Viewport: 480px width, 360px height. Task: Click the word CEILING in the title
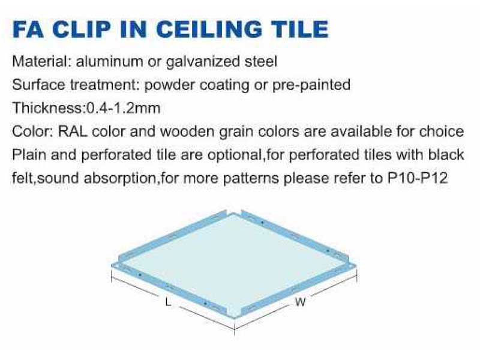pyautogui.click(x=209, y=29)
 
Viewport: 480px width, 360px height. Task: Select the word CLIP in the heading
pyautogui.click(x=82, y=29)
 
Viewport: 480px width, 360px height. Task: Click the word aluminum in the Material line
pyautogui.click(x=109, y=61)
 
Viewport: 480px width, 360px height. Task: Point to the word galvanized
pyautogui.click(x=202, y=62)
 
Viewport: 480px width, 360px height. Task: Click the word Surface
pyautogui.click(x=38, y=85)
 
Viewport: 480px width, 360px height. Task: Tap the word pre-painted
pyautogui.click(x=311, y=85)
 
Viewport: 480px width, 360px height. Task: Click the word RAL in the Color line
pyautogui.click(x=73, y=131)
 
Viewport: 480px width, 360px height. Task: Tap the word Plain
pyautogui.click(x=29, y=155)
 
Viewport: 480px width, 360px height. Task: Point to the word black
pyautogui.click(x=446, y=155)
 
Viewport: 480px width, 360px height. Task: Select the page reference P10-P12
pyautogui.click(x=418, y=178)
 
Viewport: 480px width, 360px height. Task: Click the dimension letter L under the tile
pyautogui.click(x=168, y=302)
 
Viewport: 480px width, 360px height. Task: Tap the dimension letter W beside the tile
pyautogui.click(x=301, y=302)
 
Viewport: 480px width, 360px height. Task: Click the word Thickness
pyautogui.click(x=47, y=108)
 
